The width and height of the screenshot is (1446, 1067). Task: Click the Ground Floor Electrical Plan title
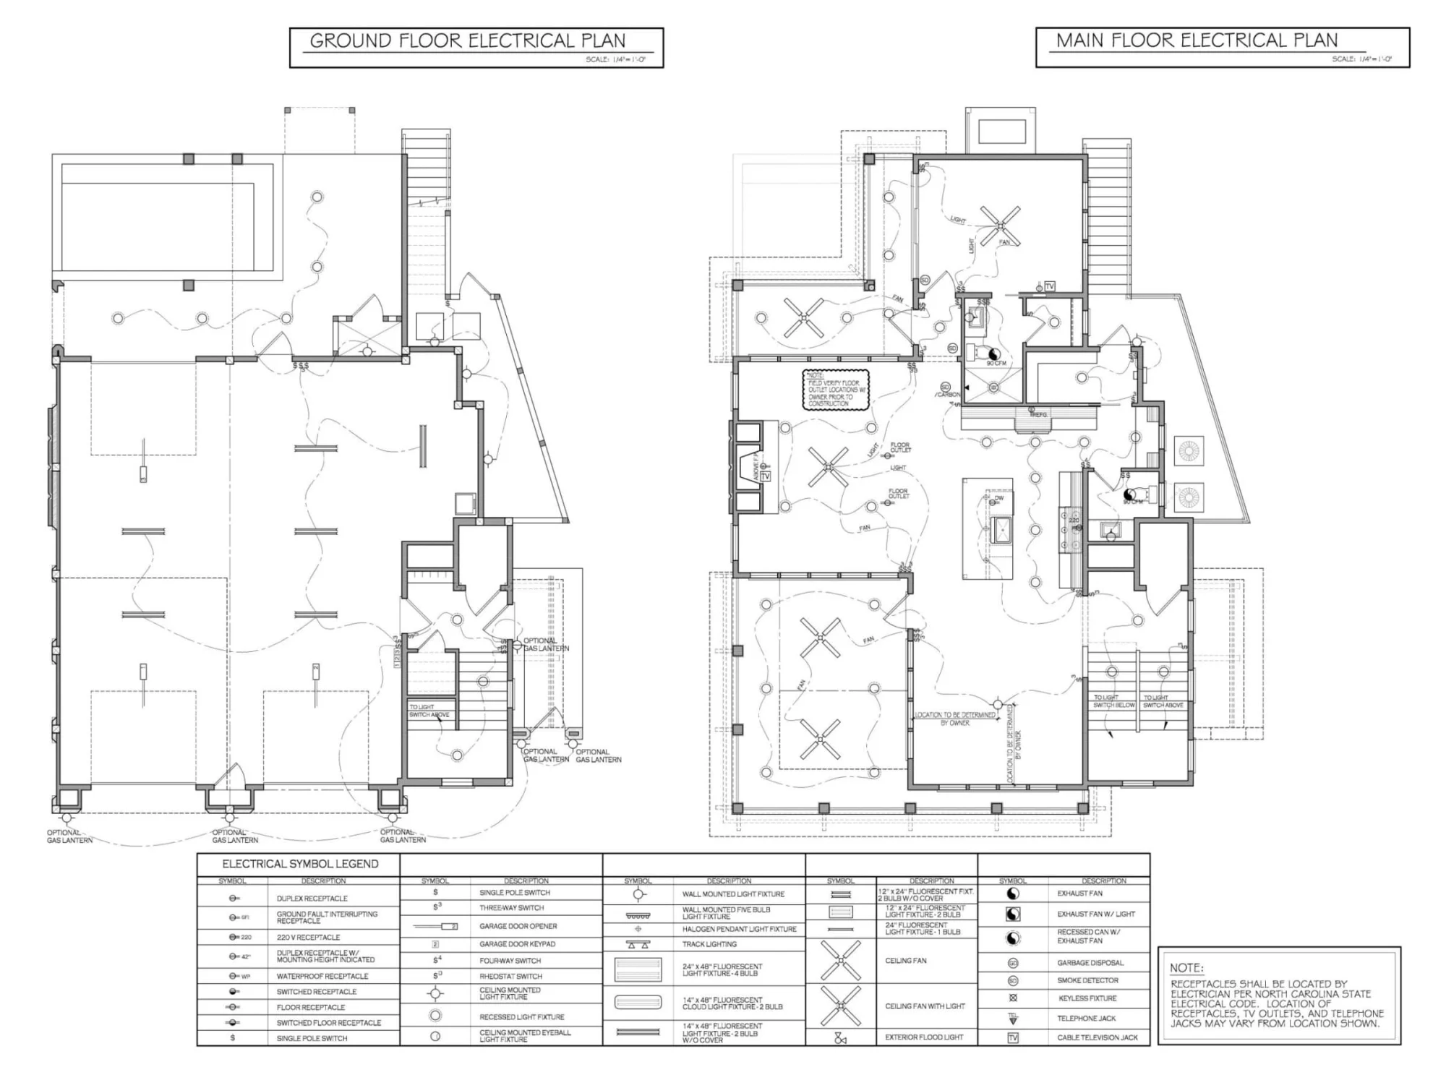(467, 40)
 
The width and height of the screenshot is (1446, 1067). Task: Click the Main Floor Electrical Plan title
(1197, 40)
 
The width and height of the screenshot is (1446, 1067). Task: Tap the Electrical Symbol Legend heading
(300, 864)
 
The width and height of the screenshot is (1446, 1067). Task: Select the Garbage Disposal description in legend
(1090, 963)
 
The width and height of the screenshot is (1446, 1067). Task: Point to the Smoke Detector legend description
(1087, 980)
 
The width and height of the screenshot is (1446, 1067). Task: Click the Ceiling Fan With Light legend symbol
(840, 1006)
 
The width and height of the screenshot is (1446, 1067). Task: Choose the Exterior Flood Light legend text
(924, 1037)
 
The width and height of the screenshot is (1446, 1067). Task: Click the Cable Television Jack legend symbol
(1013, 1037)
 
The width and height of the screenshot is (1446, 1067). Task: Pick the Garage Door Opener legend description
(518, 926)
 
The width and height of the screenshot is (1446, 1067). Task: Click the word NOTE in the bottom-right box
(1186, 968)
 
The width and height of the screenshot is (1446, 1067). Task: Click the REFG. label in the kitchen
(1039, 415)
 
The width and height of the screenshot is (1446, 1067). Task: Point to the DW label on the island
(999, 498)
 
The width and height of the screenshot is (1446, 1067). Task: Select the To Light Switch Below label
(1113, 701)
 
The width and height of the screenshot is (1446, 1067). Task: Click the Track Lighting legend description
(709, 944)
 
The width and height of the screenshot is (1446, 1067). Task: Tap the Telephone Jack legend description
(1086, 1018)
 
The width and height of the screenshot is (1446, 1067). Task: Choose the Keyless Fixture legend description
(1087, 998)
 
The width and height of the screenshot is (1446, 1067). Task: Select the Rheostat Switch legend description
(510, 976)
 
